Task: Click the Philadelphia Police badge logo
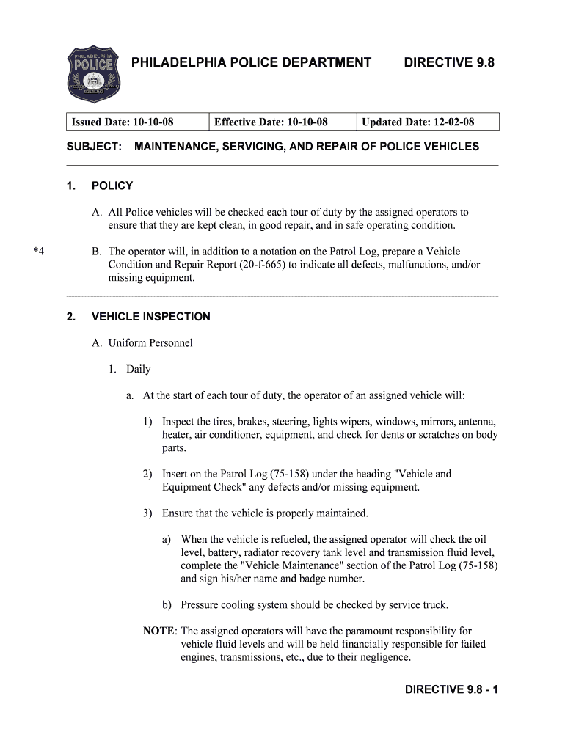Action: pyautogui.click(x=94, y=74)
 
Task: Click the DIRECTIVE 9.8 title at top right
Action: pyautogui.click(x=449, y=63)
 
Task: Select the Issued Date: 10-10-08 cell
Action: pyautogui.click(x=127, y=122)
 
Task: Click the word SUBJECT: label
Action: pyautogui.click(x=94, y=147)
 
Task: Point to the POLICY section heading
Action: pyautogui.click(x=112, y=186)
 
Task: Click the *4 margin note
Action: pyautogui.click(x=39, y=252)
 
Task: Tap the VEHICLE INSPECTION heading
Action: pyautogui.click(x=150, y=317)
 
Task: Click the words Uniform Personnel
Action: pyautogui.click(x=150, y=343)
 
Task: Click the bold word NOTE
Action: pyautogui.click(x=159, y=631)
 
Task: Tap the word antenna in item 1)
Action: pyautogui.click(x=476, y=422)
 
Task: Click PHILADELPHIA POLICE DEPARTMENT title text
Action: pyautogui.click(x=251, y=63)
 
